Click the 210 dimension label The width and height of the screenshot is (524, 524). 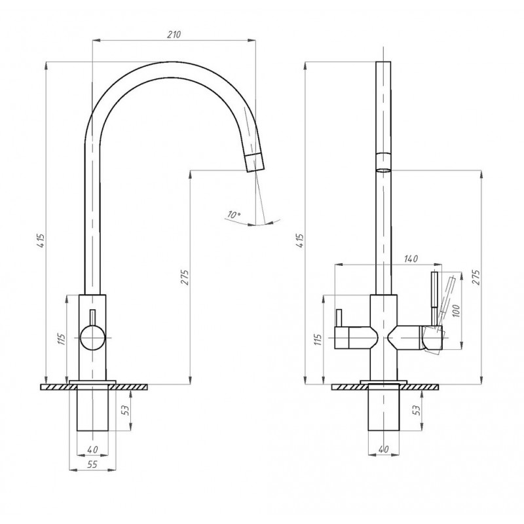[x=174, y=35]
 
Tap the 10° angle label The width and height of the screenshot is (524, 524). [x=234, y=214]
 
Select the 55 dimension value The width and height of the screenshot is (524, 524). [x=92, y=464]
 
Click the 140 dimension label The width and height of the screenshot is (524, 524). [x=411, y=259]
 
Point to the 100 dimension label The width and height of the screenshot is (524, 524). [x=457, y=310]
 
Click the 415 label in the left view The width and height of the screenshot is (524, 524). [x=41, y=240]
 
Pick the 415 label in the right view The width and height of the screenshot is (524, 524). [x=300, y=240]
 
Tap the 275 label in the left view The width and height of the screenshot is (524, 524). [x=185, y=277]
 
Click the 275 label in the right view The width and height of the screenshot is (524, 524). [x=476, y=277]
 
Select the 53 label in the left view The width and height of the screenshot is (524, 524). [x=125, y=410]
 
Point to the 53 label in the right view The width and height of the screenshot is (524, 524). [x=416, y=410]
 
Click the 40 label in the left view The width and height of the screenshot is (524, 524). [x=92, y=449]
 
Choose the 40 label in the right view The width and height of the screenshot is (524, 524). [x=384, y=449]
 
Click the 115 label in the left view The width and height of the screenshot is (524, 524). [x=61, y=339]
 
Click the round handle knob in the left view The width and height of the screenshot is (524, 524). [x=92, y=337]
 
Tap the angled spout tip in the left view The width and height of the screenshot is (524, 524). [x=255, y=162]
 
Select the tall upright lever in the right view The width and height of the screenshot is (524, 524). [x=434, y=299]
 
